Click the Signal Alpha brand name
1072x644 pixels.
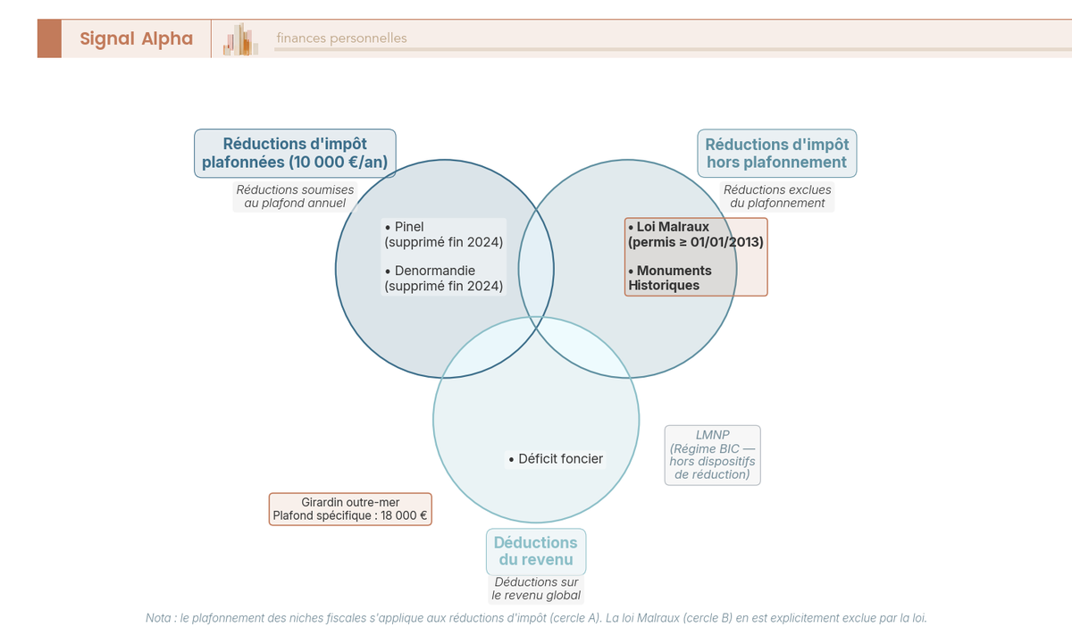pyautogui.click(x=136, y=38)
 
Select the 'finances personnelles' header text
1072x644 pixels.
pyautogui.click(x=341, y=38)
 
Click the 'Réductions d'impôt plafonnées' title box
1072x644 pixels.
pyautogui.click(x=295, y=153)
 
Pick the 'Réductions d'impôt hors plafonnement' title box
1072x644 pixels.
pyautogui.click(x=776, y=153)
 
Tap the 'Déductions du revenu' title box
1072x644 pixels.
pyautogui.click(x=535, y=551)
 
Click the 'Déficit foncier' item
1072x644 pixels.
pyautogui.click(x=555, y=459)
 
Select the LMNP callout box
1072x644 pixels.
pyautogui.click(x=712, y=455)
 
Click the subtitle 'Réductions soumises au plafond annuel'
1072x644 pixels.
pyautogui.click(x=295, y=197)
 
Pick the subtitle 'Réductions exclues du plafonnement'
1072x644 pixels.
pyautogui.click(x=776, y=197)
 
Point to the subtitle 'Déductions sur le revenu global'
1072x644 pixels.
pyautogui.click(x=536, y=589)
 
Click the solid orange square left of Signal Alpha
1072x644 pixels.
pyautogui.click(x=49, y=38)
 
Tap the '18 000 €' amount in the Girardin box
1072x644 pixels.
pyautogui.click(x=402, y=515)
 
